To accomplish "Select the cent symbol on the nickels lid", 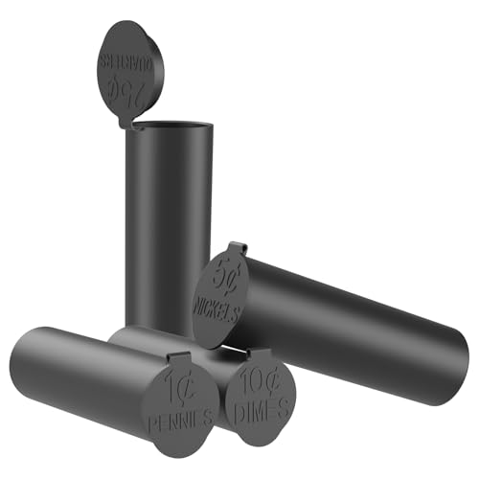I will (x=231, y=277).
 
